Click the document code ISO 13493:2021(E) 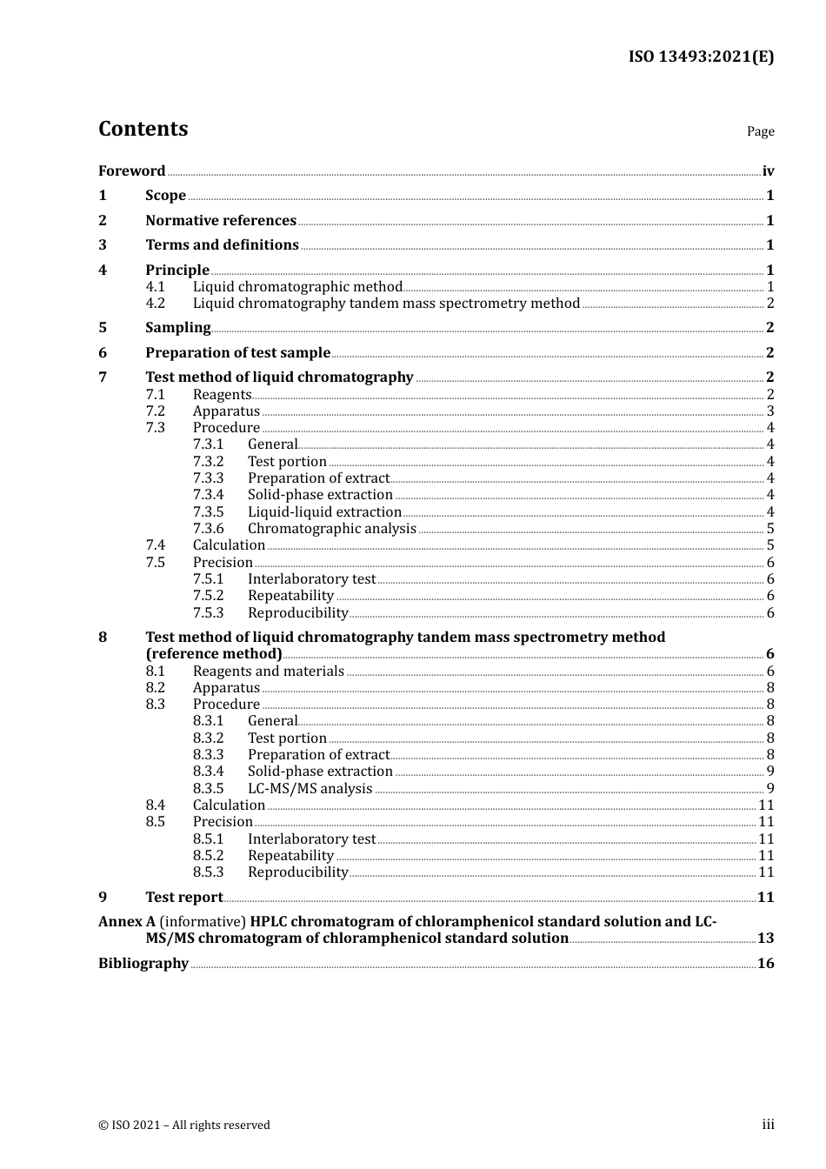pos(701,57)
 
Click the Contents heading pos(143,129)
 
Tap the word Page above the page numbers pos(760,131)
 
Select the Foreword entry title pos(131,171)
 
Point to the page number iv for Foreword pos(768,171)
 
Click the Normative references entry pos(221,221)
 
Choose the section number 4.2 pos(155,304)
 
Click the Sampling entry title pos(177,328)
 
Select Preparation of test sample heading pos(237,353)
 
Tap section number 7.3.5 pos(208,512)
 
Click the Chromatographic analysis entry pos(331,529)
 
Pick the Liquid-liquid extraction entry pos(324,512)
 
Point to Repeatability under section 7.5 pos(290,596)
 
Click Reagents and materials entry pos(268,671)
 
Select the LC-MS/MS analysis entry pos(310,789)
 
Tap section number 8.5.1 pos(208,839)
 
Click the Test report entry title pos(183,898)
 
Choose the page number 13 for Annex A pos(765,939)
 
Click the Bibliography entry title pos(143,964)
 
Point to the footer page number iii pos(768,1125)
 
